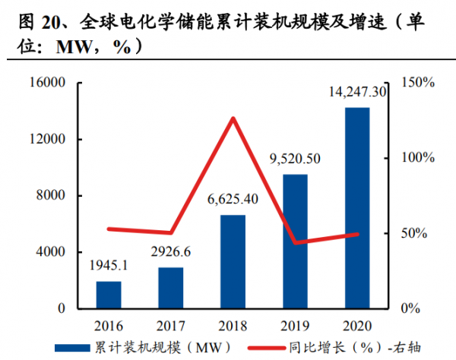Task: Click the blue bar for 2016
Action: (109, 295)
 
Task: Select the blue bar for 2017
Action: (171, 288)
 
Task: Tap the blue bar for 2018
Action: (233, 261)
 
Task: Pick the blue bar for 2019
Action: (296, 242)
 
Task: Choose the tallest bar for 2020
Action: (357, 208)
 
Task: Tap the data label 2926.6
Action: (171, 252)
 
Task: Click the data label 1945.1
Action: (109, 266)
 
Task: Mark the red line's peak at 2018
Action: (233, 118)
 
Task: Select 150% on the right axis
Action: (417, 83)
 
